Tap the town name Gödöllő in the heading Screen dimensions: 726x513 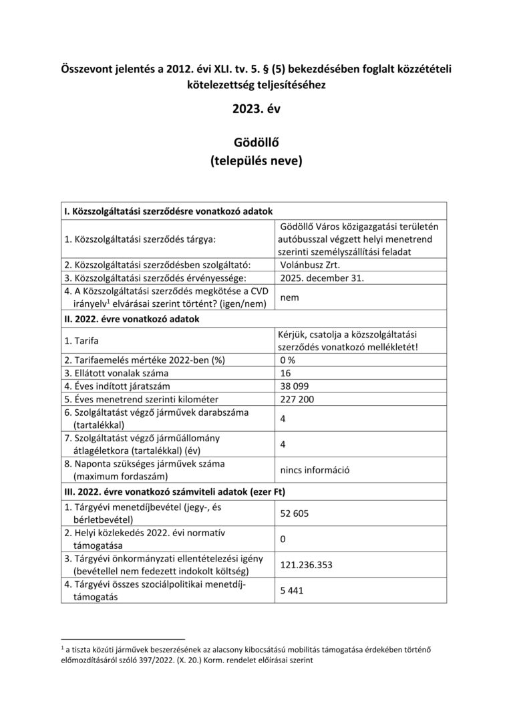coord(256,143)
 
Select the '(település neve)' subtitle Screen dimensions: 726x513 coord(256,160)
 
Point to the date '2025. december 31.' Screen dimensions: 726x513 coord(323,277)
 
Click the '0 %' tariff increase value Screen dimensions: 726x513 coord(289,360)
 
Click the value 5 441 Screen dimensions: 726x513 coord(293,590)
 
